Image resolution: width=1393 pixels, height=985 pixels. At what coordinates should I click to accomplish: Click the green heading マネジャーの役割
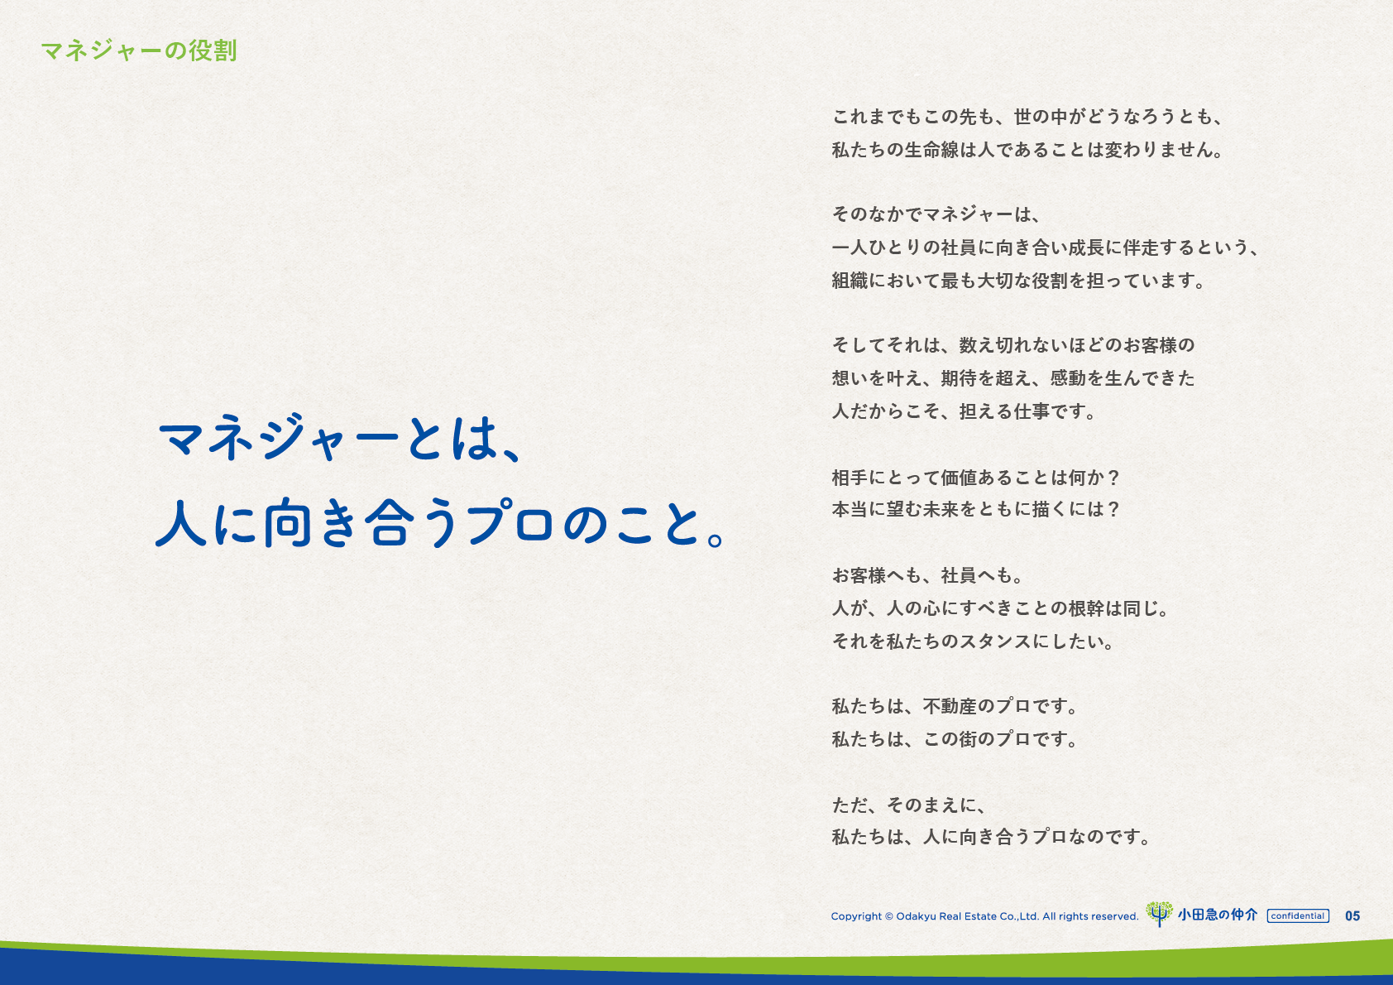coord(139,51)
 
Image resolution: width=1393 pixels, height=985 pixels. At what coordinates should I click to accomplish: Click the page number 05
coord(1352,916)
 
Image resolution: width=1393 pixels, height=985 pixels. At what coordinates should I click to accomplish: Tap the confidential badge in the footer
coord(1298,916)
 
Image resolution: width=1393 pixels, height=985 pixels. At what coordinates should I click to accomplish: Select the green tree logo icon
coord(1159,914)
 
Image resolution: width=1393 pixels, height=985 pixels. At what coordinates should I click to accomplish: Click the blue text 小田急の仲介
coord(1218,915)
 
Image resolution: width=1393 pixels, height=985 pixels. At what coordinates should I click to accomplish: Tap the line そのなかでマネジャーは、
coord(936,214)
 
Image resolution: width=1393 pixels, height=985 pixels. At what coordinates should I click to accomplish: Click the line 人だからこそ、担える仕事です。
coord(964,411)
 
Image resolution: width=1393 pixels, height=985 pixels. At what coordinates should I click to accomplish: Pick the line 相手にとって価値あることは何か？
coord(976,478)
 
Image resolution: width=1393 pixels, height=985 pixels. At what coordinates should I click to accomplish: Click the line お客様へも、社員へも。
coord(927,575)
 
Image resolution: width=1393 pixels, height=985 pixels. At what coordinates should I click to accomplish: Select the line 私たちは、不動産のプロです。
coord(955,706)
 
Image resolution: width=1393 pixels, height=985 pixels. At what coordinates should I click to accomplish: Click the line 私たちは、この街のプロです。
coord(955,739)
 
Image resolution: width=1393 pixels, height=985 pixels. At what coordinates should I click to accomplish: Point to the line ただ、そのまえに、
coord(909,805)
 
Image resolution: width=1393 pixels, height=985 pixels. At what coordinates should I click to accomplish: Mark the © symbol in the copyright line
coord(888,916)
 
